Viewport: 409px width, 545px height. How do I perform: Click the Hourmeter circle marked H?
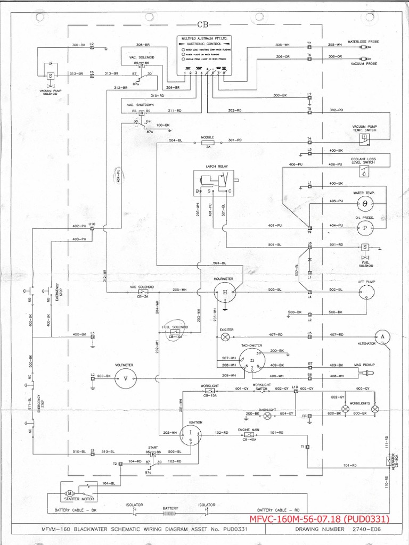[225, 292]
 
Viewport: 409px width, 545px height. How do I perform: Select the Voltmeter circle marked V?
[126, 377]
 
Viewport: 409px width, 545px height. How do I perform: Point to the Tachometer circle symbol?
[251, 362]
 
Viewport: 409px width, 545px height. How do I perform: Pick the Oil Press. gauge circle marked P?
[365, 227]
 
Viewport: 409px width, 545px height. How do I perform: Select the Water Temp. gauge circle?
[365, 203]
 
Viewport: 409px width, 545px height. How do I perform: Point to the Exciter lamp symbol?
[226, 337]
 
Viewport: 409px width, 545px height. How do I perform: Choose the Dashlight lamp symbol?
[268, 414]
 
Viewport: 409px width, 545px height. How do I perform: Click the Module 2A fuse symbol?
[207, 143]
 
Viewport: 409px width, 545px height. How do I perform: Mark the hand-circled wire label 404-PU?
[119, 176]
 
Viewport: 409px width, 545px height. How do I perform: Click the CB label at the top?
[203, 24]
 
